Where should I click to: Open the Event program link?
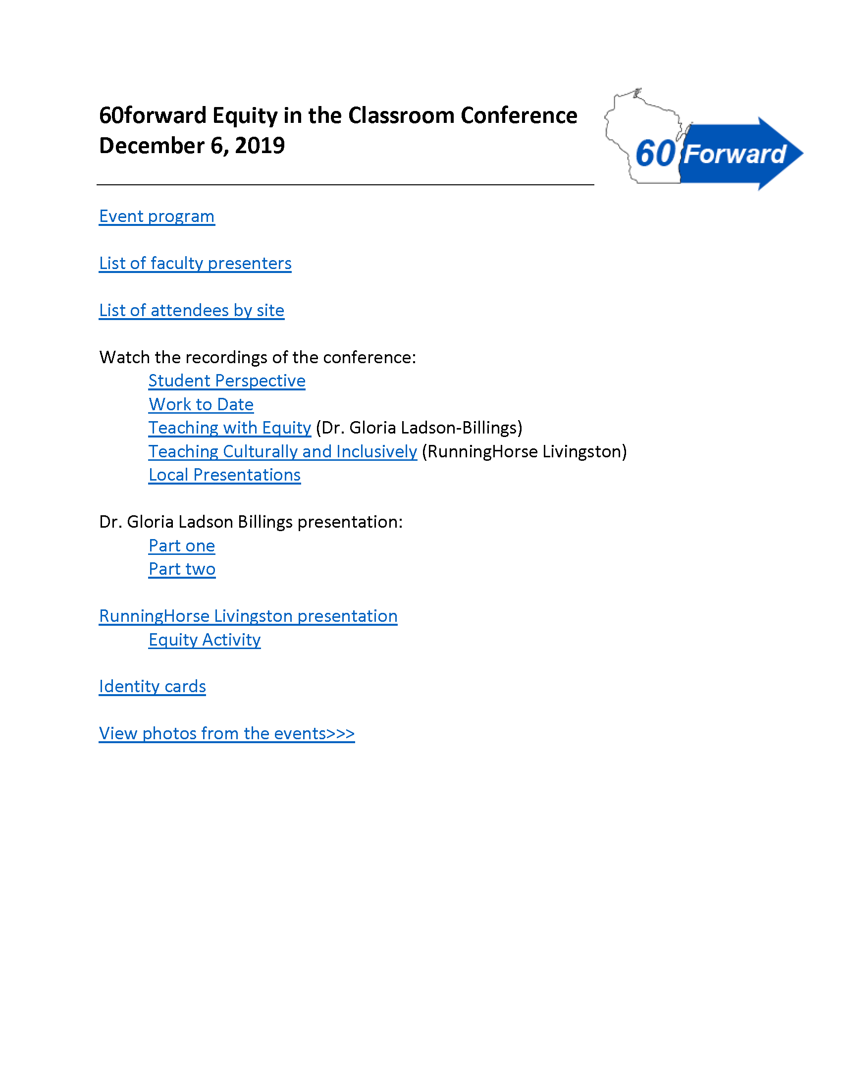point(157,217)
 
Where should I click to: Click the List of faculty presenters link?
point(195,264)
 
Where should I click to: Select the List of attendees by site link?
point(192,311)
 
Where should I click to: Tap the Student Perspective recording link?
point(227,381)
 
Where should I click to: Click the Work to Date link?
point(201,404)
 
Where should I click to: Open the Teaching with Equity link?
point(229,428)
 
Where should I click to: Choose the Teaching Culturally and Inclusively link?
point(283,451)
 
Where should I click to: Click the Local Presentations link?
point(224,475)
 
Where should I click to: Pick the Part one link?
point(182,545)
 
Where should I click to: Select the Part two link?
point(182,569)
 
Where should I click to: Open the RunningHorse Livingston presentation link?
point(248,616)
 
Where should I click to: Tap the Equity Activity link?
point(205,640)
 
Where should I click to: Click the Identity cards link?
point(152,687)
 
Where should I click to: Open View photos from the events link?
point(226,734)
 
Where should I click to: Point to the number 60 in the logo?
point(655,153)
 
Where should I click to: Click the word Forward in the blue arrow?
point(734,154)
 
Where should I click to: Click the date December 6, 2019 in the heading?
point(192,146)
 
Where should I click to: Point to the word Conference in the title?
point(519,115)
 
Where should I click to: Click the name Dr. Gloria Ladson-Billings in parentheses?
point(419,428)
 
